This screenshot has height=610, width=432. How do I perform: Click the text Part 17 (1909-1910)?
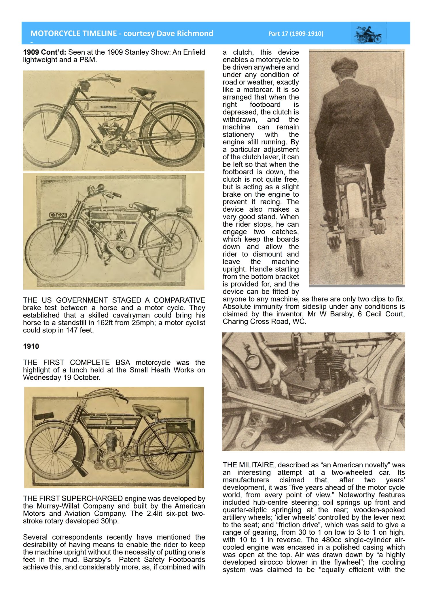[296, 34]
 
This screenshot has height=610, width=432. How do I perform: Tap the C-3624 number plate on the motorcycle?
[58, 215]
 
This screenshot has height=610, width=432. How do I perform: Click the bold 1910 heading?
[31, 346]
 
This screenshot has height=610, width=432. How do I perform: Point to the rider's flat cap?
[344, 64]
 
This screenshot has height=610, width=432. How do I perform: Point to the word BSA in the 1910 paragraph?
[123, 362]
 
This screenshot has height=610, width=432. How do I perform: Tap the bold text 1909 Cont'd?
[45, 52]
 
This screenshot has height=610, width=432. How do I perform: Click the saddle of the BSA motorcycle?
[147, 409]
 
